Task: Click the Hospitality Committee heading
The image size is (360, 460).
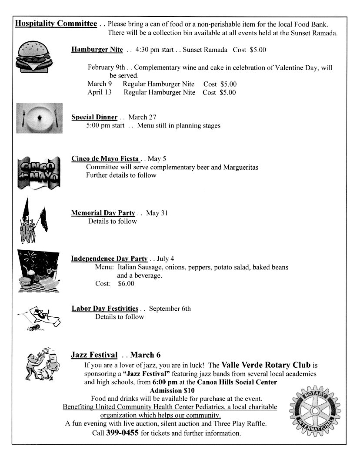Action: pos(56,24)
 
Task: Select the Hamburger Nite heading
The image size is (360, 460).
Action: pos(97,50)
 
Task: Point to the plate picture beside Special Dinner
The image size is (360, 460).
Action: pos(39,118)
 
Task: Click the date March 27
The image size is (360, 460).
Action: pos(142,117)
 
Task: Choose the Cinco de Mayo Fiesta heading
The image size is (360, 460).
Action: pos(105,159)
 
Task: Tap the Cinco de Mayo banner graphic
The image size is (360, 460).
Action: pos(38,173)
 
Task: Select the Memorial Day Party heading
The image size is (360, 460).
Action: pos(103,213)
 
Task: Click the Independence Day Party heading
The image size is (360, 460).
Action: pos(109,259)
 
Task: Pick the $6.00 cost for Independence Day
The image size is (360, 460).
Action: pos(126,284)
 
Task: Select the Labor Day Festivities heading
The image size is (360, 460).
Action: pos(105,309)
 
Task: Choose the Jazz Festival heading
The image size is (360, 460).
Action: pos(94,355)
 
